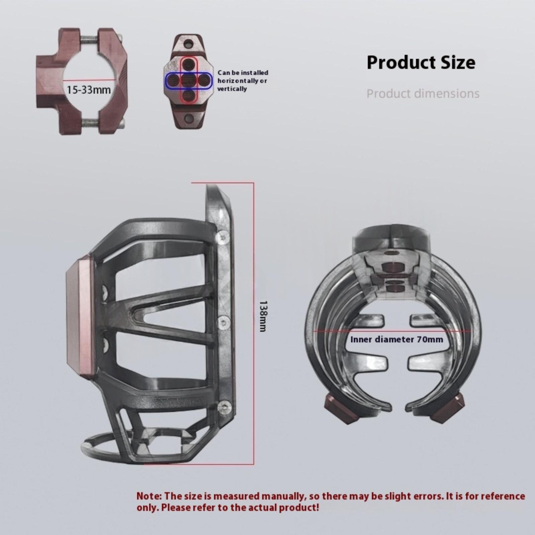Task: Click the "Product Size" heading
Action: pyautogui.click(x=421, y=63)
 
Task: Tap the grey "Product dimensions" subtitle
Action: pyautogui.click(x=423, y=93)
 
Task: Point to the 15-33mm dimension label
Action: pyautogui.click(x=89, y=90)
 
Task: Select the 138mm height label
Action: pyautogui.click(x=263, y=316)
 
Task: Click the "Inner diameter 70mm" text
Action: pyautogui.click(x=397, y=339)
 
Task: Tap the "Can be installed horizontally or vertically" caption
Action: pyautogui.click(x=243, y=81)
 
